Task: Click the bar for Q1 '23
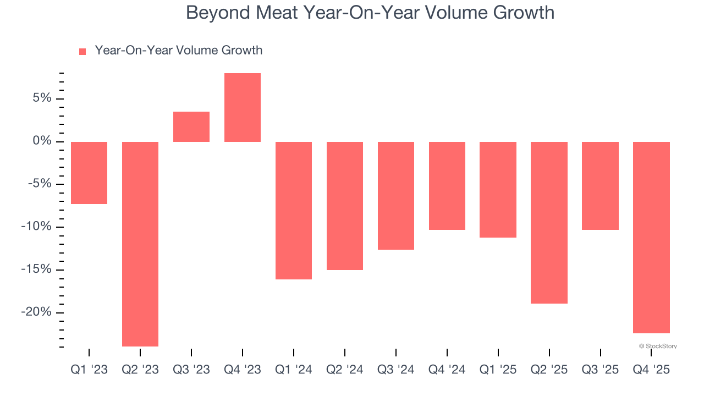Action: point(89,173)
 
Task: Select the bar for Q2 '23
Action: point(140,244)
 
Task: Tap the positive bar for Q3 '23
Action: point(191,127)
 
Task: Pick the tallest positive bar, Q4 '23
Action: point(243,108)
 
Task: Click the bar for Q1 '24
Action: point(294,210)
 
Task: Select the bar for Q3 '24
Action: point(396,195)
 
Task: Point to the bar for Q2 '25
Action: point(549,222)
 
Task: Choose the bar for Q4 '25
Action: point(651,237)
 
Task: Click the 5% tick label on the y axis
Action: point(41,98)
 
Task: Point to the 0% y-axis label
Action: point(41,141)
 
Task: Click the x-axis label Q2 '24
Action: point(345,370)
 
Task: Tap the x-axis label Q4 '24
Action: point(447,370)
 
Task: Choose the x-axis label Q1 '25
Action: point(498,370)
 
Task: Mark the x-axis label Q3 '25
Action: point(600,370)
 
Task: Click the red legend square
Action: point(82,52)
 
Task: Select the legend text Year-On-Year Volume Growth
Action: point(178,51)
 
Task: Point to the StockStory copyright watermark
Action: point(658,346)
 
